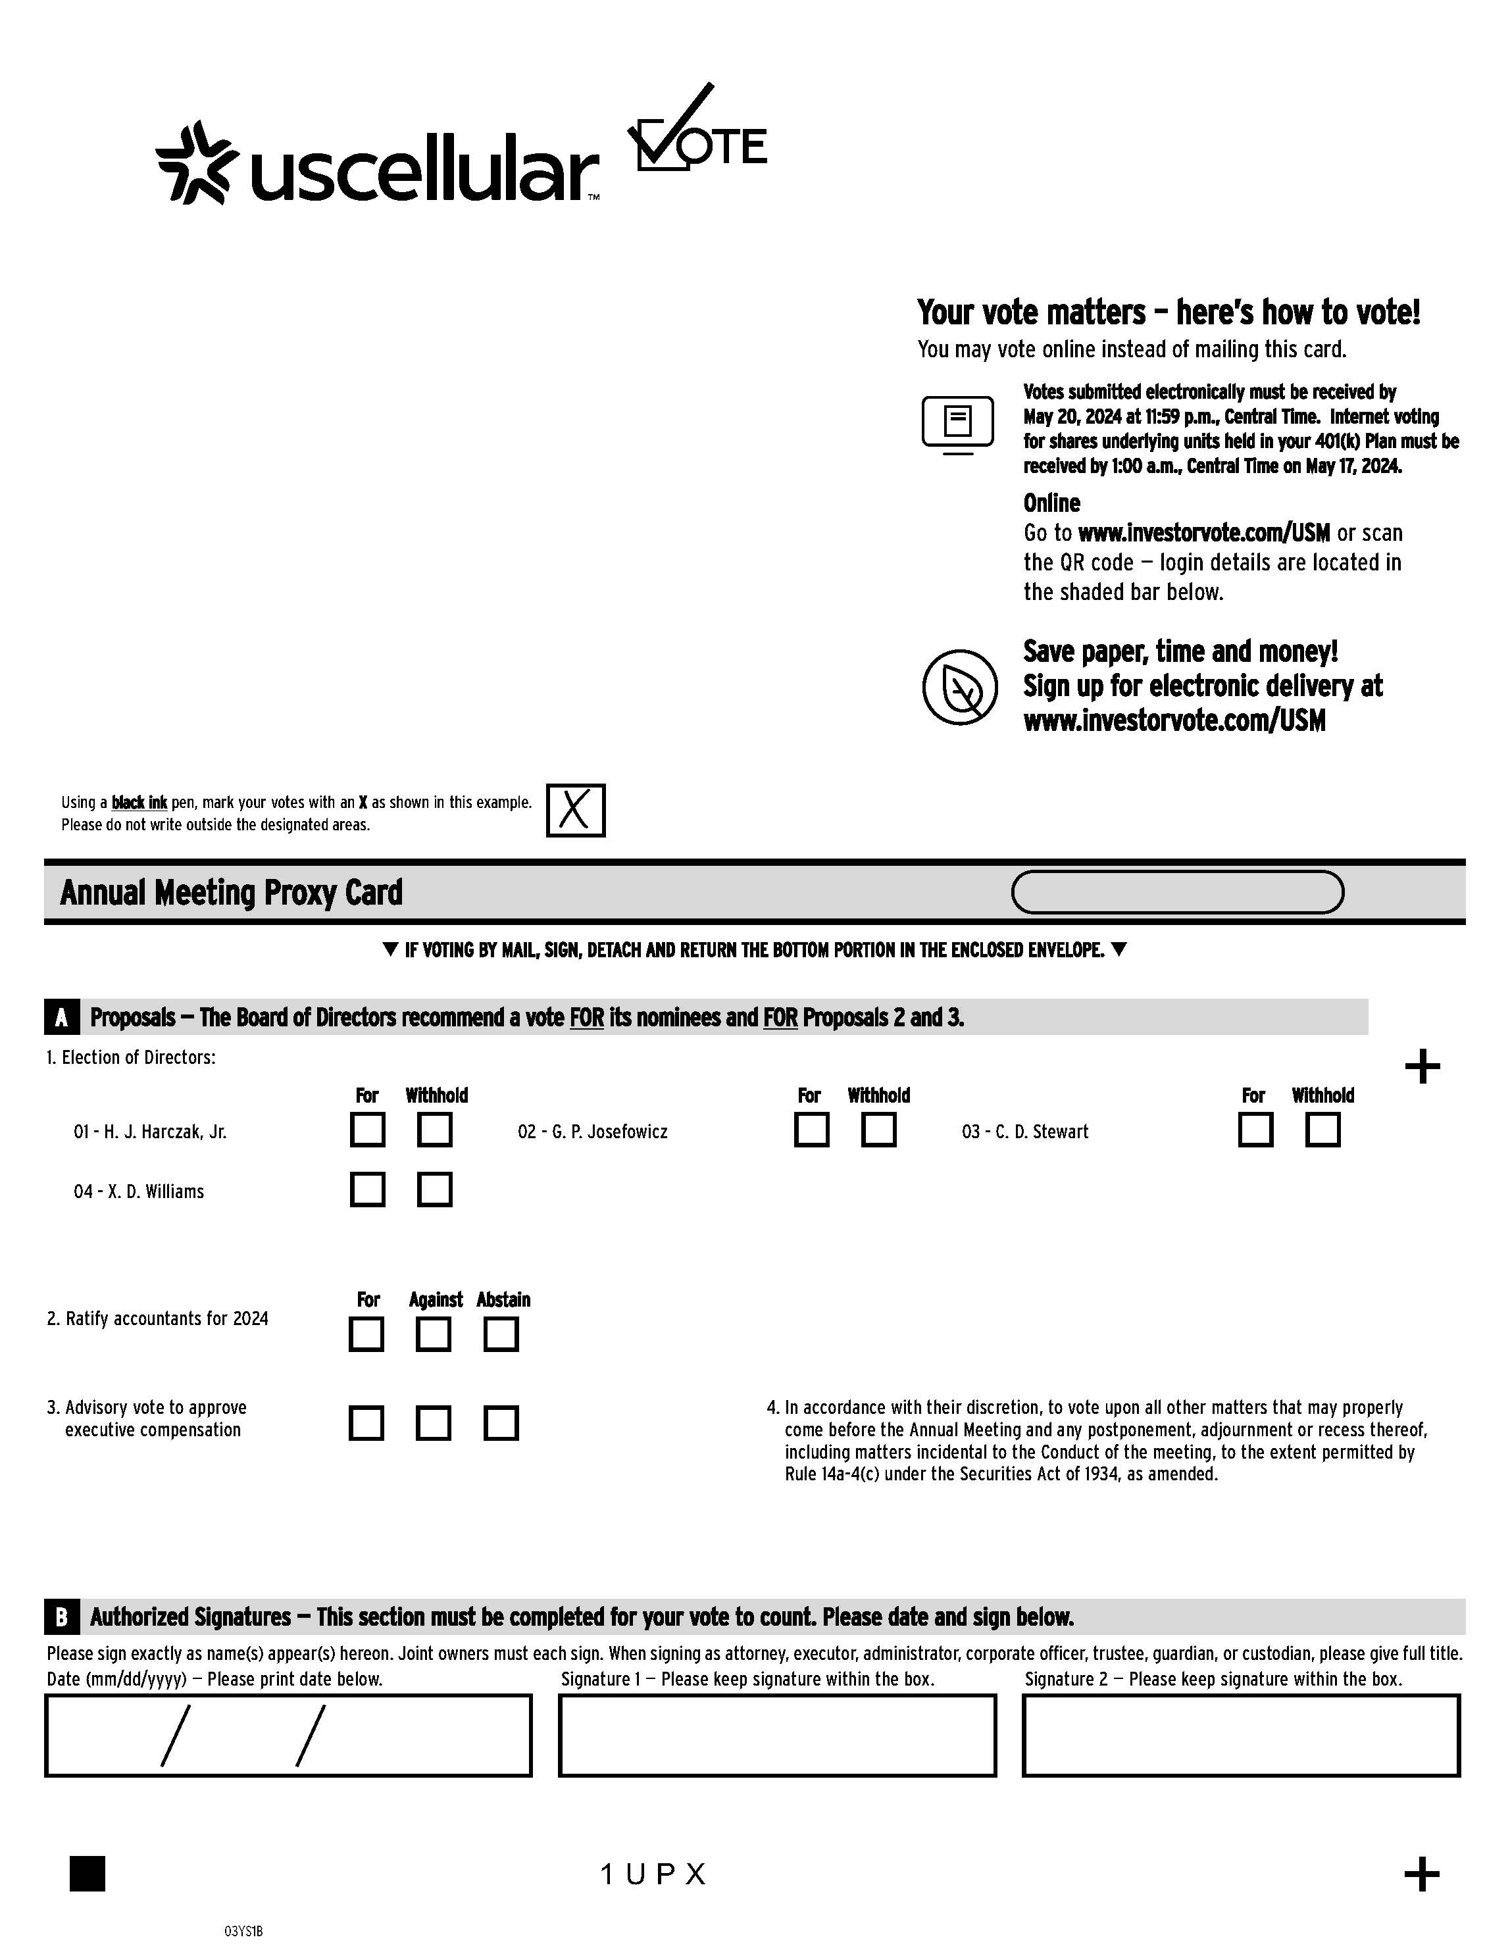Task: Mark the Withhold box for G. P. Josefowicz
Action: (878, 1129)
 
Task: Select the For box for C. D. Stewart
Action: (1255, 1129)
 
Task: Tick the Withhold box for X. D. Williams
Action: (435, 1189)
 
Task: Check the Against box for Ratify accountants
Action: (434, 1334)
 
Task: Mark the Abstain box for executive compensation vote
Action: (501, 1422)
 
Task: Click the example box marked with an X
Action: (575, 811)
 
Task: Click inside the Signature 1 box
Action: (776, 1735)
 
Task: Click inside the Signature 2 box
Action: (1241, 1735)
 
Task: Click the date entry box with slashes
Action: (288, 1735)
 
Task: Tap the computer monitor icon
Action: (957, 423)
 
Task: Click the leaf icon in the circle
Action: (960, 687)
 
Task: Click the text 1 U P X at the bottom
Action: (654, 1874)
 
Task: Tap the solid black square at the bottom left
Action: (88, 1874)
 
